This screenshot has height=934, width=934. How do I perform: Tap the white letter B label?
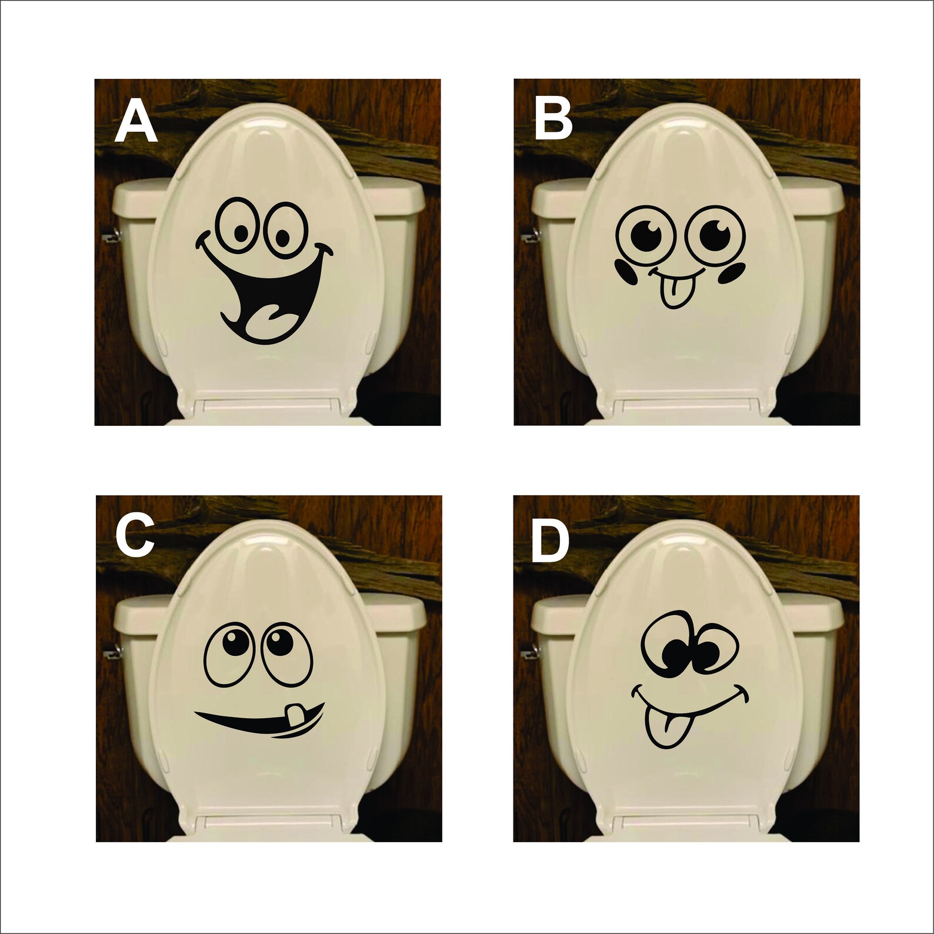click(x=554, y=120)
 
